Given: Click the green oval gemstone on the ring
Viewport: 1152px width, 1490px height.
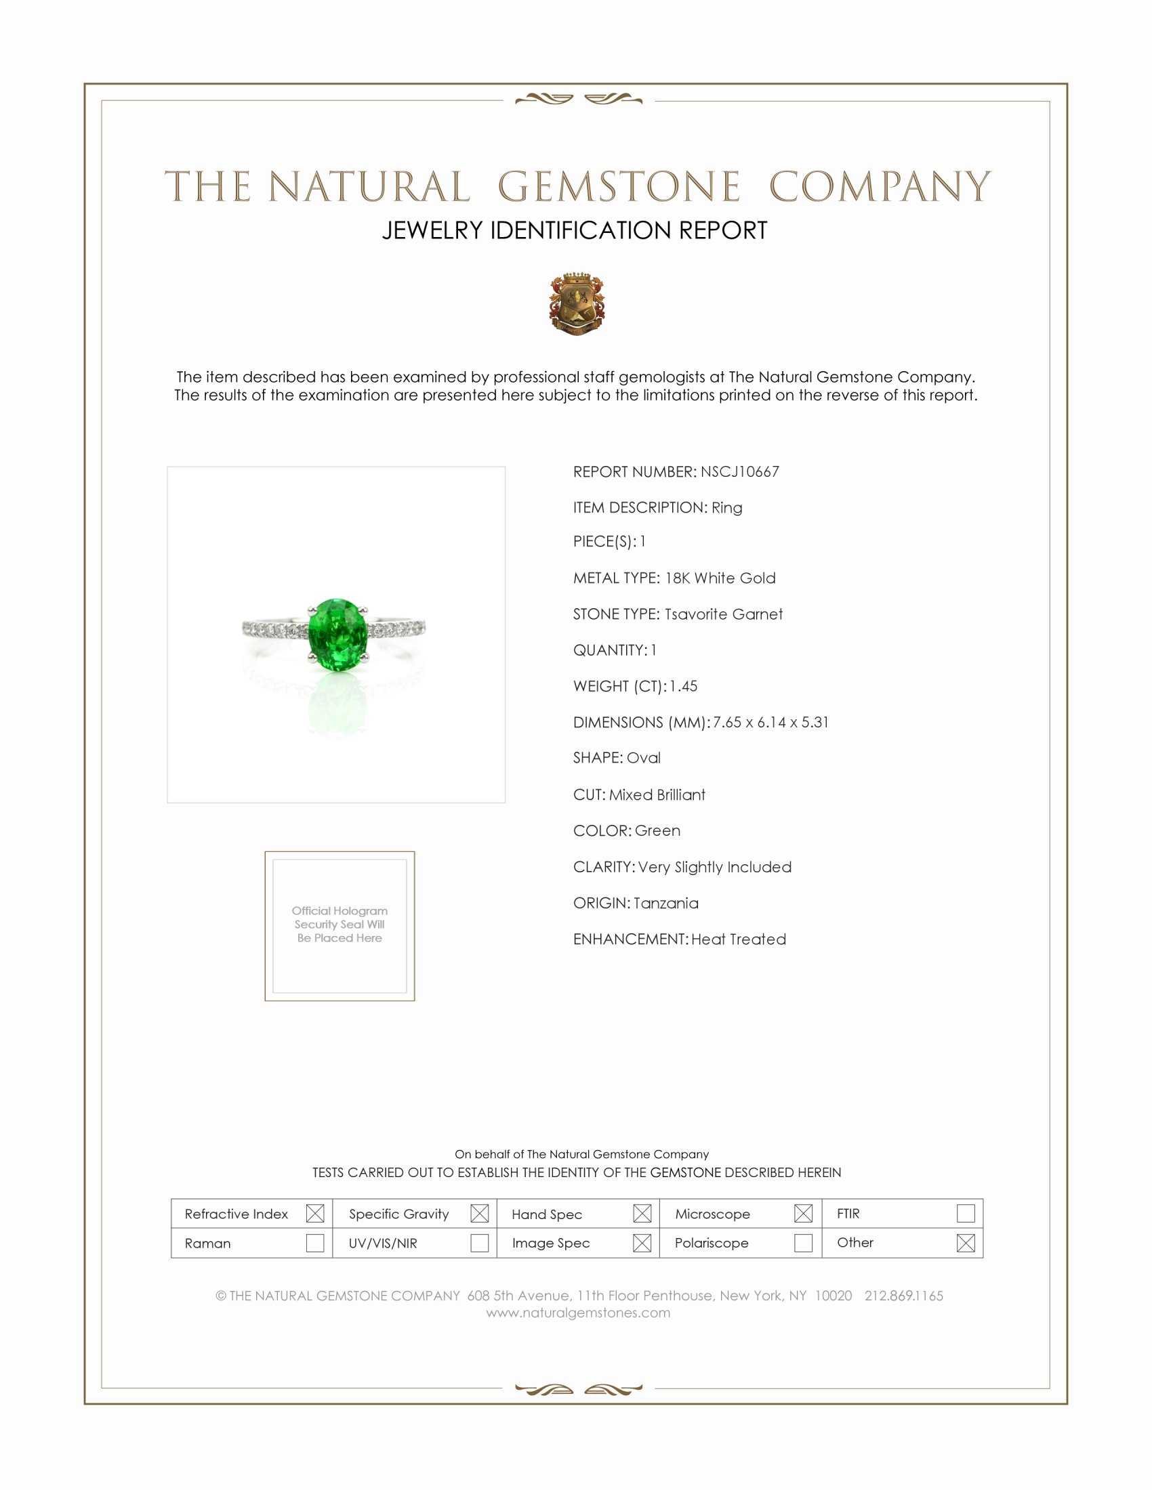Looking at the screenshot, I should [337, 635].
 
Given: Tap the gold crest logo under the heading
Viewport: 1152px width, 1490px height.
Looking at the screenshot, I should [577, 304].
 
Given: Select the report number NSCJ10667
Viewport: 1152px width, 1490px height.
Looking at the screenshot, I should [740, 472].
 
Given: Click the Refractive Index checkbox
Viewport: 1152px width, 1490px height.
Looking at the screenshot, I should [314, 1214].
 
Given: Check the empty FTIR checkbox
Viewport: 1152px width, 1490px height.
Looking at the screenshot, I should [966, 1214].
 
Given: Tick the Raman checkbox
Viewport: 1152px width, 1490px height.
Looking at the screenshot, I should [314, 1243].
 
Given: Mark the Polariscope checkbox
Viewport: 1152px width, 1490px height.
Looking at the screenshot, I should [803, 1243].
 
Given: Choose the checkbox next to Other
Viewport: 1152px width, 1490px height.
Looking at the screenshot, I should [966, 1243].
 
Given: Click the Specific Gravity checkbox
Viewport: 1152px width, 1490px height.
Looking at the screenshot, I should [480, 1214].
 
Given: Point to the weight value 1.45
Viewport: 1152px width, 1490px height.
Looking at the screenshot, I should [683, 686].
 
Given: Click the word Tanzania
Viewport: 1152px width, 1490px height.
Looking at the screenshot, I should [666, 903].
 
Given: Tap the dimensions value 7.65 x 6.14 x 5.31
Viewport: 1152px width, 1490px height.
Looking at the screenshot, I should [770, 723].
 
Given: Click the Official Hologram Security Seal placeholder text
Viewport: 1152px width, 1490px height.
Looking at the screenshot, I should [340, 924].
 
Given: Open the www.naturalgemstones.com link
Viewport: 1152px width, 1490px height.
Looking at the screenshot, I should [578, 1313].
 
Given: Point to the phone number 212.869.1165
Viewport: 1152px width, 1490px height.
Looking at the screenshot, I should [903, 1296].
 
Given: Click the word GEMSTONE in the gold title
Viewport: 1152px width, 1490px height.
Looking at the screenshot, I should [619, 188].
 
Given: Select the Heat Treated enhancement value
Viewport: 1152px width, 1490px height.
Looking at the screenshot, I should [739, 939].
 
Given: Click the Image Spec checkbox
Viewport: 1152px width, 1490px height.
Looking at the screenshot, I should [642, 1243].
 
